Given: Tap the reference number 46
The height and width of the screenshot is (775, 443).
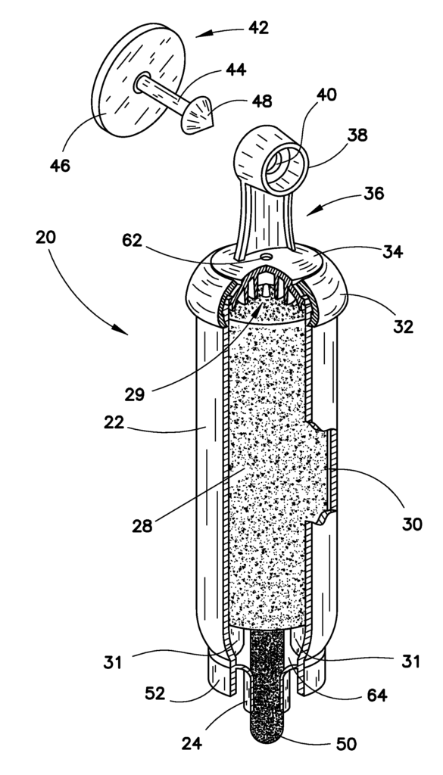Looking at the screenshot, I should click(x=61, y=164).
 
